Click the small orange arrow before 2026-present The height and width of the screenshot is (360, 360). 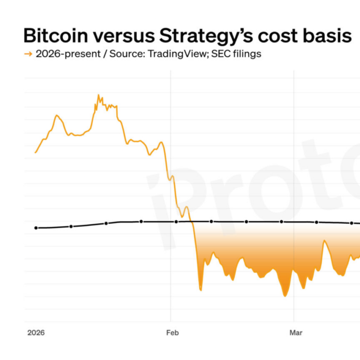pos(28,54)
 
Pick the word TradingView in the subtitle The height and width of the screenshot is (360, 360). pos(177,54)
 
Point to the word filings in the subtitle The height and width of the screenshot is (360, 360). pos(246,54)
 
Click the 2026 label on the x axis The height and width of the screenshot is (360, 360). pos(36,333)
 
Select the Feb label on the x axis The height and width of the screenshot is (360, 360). pos(172,333)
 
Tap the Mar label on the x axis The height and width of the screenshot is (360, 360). pos(296,333)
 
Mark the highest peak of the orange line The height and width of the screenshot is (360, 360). pos(98,95)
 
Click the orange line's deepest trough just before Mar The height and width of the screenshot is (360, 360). pos(284,296)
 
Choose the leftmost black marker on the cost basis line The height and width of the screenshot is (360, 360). pos(36,228)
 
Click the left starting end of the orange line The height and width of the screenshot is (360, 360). pos(35,152)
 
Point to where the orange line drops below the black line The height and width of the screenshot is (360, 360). pos(191,221)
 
